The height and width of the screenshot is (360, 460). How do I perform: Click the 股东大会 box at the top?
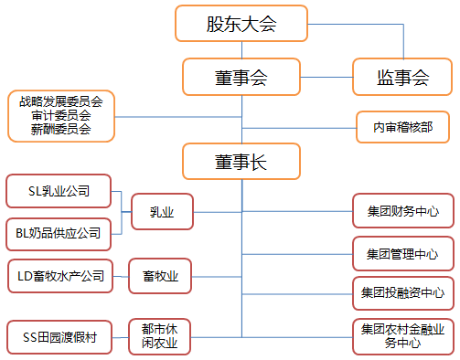(x=241, y=24)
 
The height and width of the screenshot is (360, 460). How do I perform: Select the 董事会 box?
(x=241, y=77)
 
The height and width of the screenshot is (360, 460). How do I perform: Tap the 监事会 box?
(x=402, y=77)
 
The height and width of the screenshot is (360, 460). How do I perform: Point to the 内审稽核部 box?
(x=402, y=127)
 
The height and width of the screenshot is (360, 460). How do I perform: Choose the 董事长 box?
(x=241, y=162)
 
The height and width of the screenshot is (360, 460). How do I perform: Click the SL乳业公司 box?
(x=58, y=191)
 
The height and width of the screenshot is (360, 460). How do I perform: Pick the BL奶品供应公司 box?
(x=58, y=233)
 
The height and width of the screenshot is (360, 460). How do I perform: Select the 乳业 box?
(x=162, y=212)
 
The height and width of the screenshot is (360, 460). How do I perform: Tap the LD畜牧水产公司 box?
(x=58, y=275)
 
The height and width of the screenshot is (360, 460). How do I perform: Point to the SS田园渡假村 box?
(x=58, y=337)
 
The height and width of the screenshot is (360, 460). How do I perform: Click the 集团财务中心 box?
(x=402, y=212)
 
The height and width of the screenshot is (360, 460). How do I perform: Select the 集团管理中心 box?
(x=402, y=253)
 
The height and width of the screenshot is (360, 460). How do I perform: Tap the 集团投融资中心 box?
(x=402, y=293)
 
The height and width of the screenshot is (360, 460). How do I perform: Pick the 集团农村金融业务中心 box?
(x=402, y=337)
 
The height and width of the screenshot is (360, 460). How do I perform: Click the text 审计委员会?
(x=61, y=116)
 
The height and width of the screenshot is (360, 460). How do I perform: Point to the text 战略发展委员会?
(x=61, y=102)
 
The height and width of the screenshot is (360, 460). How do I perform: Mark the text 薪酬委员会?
(x=61, y=130)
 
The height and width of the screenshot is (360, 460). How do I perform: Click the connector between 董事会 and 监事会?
(x=326, y=77)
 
